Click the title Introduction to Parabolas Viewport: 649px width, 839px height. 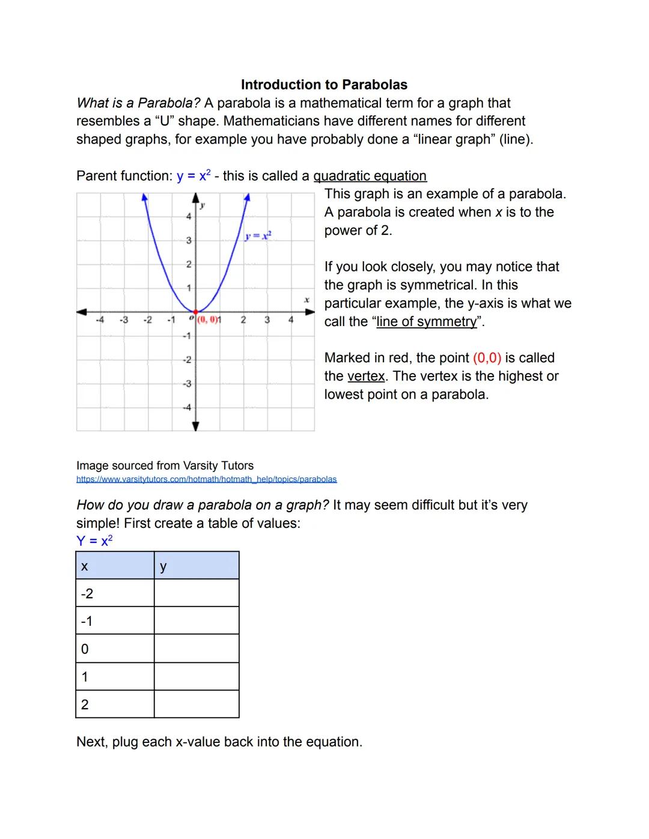[x=324, y=85]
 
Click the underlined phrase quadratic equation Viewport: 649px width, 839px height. [x=370, y=176]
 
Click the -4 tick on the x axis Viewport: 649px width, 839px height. [x=100, y=320]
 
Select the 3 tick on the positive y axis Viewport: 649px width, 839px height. [x=188, y=240]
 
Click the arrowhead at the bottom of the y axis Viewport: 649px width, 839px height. [x=196, y=426]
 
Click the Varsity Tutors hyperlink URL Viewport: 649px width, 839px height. [x=206, y=479]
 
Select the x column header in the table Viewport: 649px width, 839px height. [x=115, y=566]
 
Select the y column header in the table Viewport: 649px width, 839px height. [x=196, y=566]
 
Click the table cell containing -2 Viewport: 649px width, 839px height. [x=115, y=593]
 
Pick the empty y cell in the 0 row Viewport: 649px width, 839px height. [x=196, y=649]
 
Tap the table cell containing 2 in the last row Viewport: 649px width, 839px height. [x=115, y=704]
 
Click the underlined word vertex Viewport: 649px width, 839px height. [x=366, y=377]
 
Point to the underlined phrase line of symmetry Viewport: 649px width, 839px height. [x=427, y=322]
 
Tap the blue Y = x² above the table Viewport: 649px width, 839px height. [x=94, y=541]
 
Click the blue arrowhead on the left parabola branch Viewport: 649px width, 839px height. [x=144, y=197]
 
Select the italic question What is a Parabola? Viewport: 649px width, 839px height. [x=138, y=103]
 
